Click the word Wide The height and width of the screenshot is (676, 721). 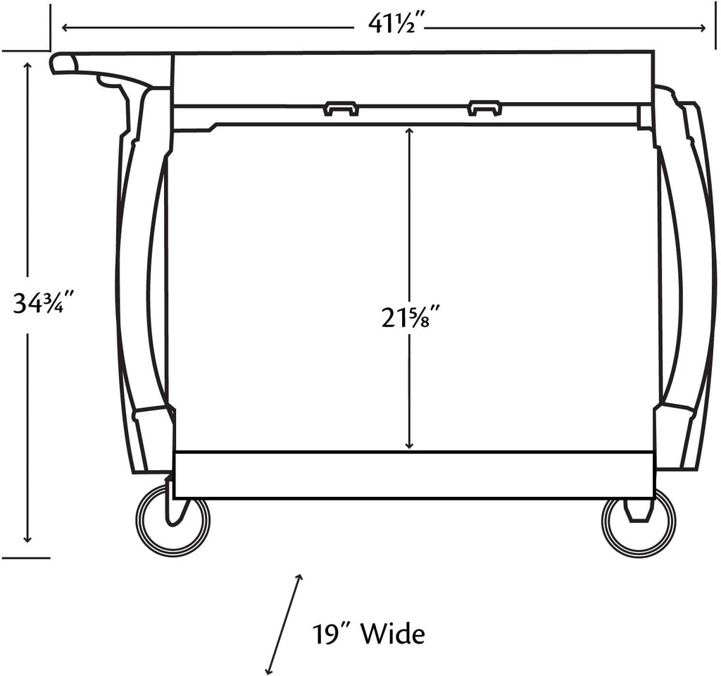tap(393, 634)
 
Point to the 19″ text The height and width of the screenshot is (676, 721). tap(330, 634)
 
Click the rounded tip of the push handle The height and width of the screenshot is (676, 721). tap(58, 63)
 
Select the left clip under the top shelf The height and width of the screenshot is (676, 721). tap(341, 109)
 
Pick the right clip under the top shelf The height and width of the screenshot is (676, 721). tap(484, 109)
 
